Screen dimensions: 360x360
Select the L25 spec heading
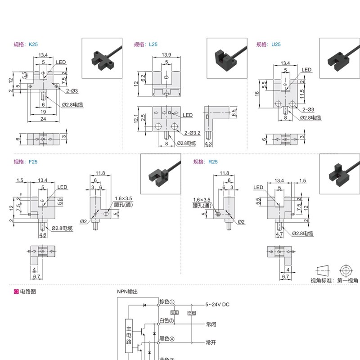(145, 45)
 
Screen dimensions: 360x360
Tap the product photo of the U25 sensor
(339, 58)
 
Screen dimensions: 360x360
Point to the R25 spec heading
(205, 162)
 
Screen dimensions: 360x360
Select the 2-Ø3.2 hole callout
(192, 133)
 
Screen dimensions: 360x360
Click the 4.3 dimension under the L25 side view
(208, 144)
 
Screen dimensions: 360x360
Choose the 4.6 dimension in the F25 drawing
(43, 235)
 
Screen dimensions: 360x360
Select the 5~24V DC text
(217, 305)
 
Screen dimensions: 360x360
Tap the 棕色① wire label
(166, 302)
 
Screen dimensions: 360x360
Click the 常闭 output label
(211, 324)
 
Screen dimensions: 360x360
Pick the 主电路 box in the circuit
(129, 335)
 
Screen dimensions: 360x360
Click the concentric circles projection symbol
(345, 271)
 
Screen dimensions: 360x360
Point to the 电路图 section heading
(27, 292)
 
